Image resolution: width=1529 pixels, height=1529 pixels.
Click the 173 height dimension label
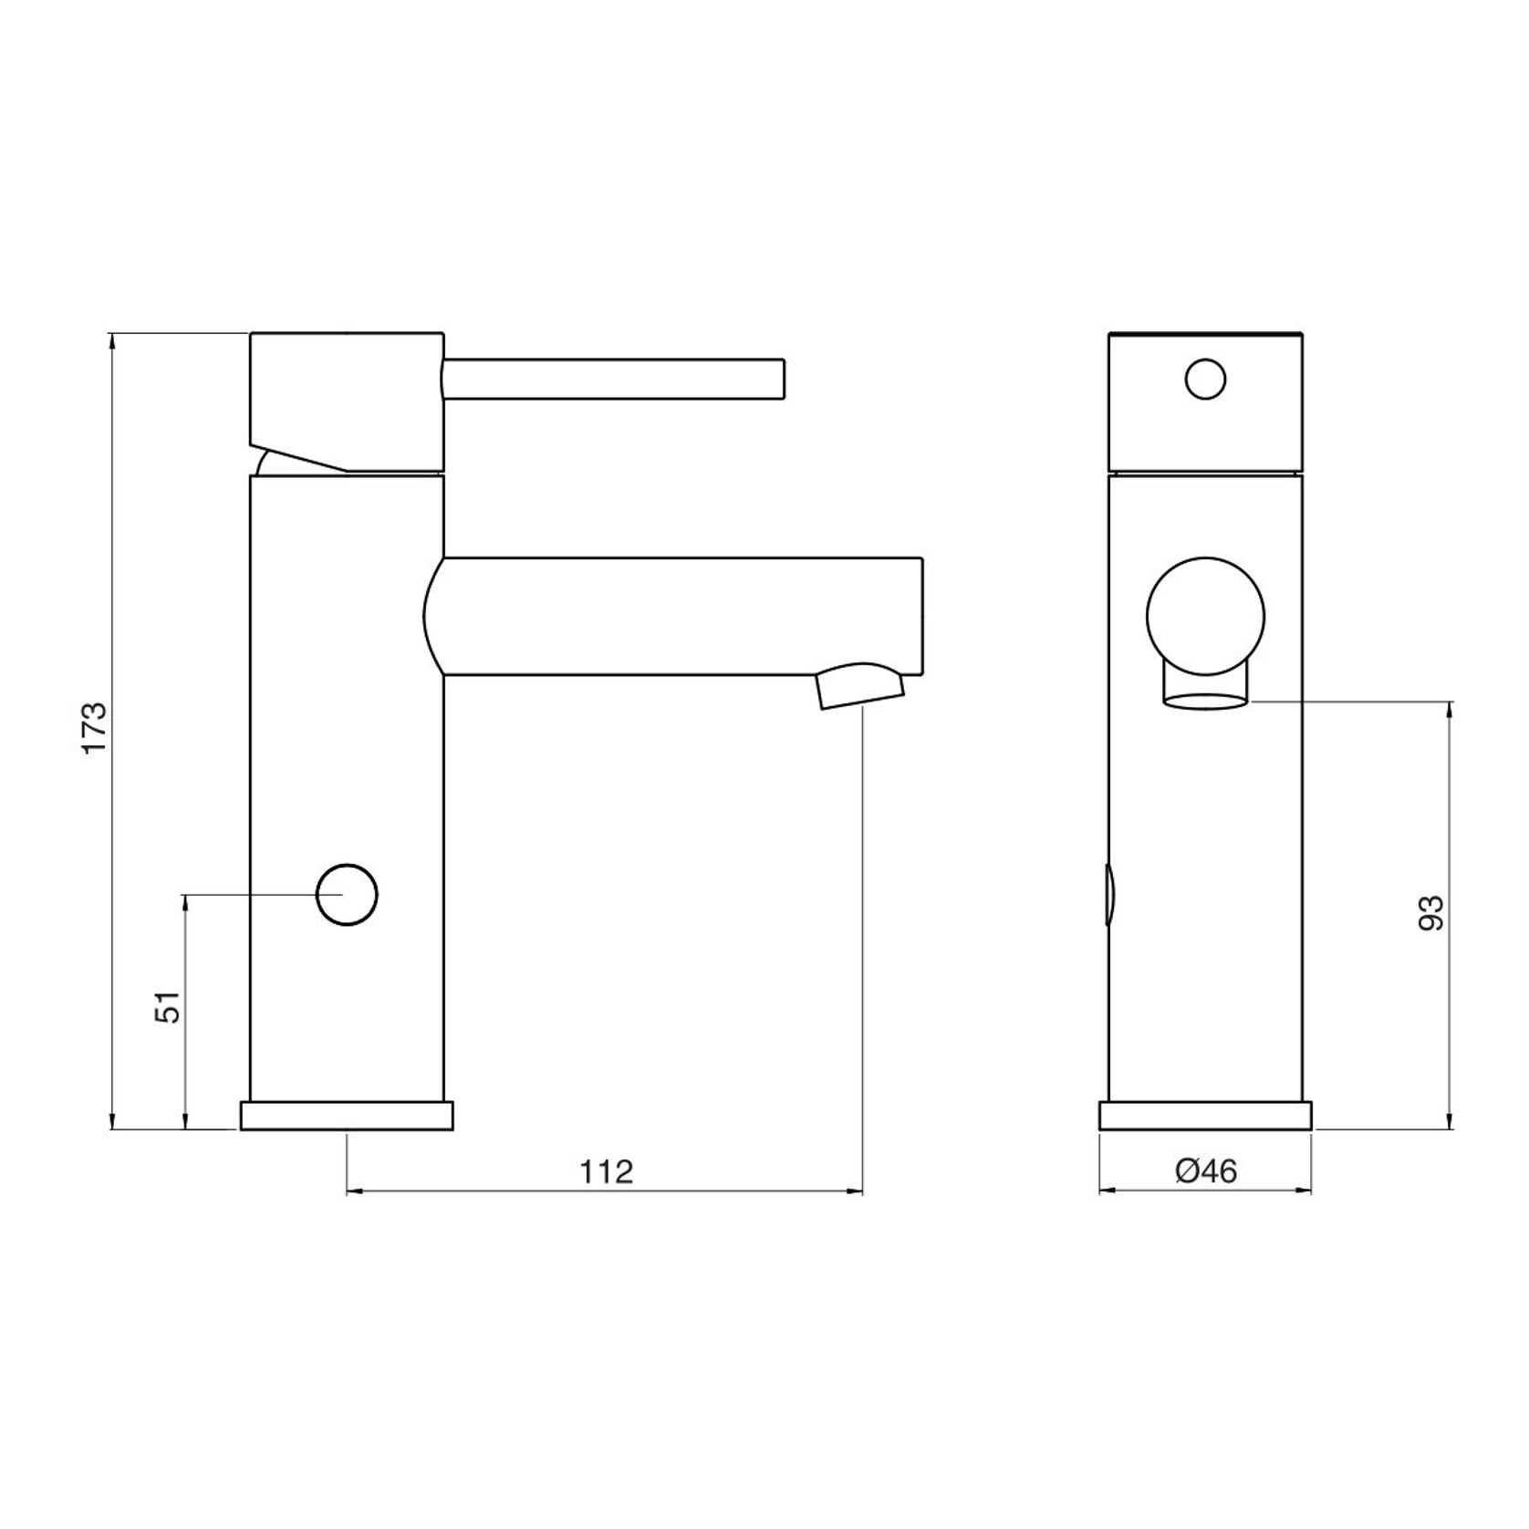[x=95, y=727]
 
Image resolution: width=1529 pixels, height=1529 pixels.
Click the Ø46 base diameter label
[x=1206, y=1170]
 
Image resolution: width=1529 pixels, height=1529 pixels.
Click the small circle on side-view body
[x=347, y=894]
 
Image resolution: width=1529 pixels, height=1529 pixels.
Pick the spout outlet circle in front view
[x=1205, y=617]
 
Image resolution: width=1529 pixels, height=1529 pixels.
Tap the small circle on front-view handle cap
[x=1205, y=379]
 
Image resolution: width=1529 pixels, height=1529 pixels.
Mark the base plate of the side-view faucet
[x=1205, y=1117]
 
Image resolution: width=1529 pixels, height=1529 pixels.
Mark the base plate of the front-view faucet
[x=347, y=1117]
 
